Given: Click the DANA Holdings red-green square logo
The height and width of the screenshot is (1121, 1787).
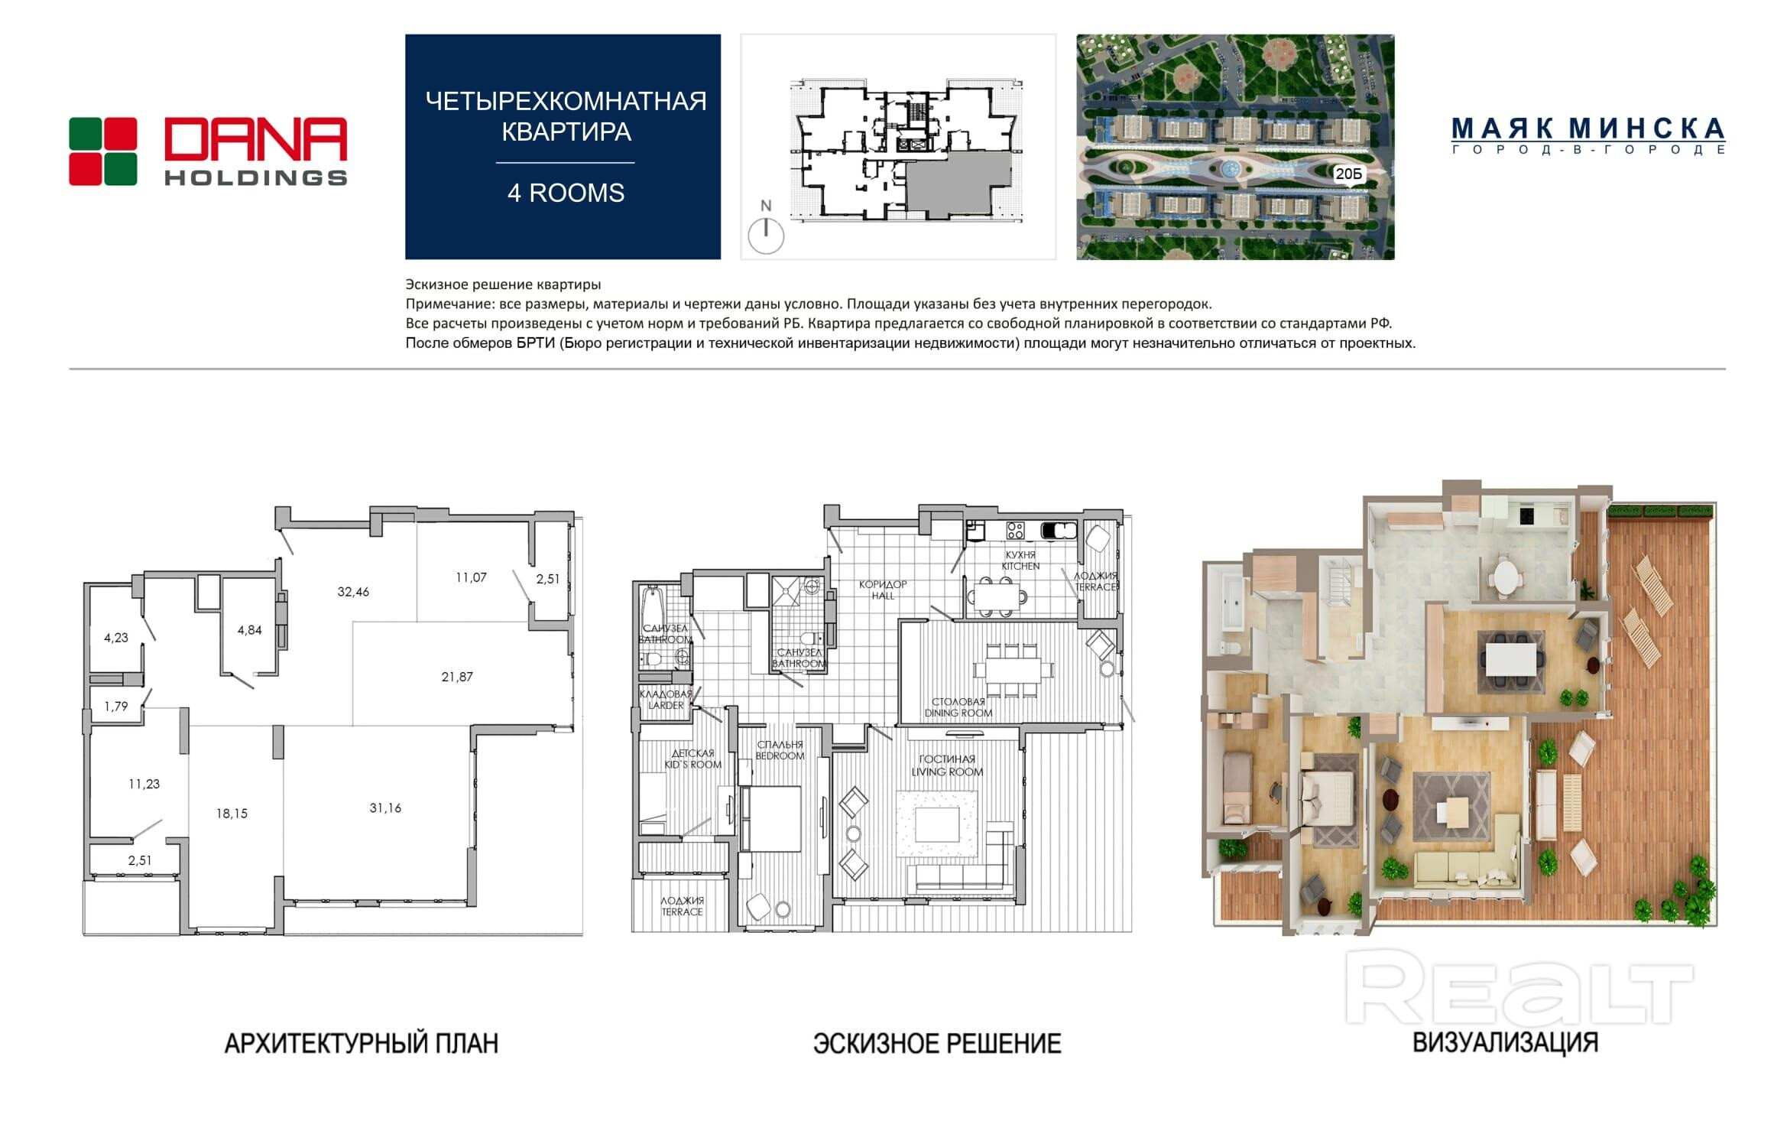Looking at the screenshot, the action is tap(103, 151).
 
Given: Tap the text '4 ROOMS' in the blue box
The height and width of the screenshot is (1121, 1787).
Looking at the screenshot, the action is tap(566, 193).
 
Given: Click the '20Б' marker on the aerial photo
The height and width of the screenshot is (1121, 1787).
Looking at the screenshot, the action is tap(1348, 174).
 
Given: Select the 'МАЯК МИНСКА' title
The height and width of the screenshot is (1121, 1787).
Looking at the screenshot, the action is tap(1588, 128).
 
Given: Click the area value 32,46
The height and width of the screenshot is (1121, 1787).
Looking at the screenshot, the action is tap(353, 591).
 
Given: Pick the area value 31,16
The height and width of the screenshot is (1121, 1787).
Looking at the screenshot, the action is tap(385, 807).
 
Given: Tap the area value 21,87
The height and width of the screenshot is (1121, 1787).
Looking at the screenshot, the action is tap(457, 677).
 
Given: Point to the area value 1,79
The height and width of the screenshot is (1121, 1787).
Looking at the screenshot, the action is tap(116, 707).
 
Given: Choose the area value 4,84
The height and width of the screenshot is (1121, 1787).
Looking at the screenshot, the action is tap(249, 630).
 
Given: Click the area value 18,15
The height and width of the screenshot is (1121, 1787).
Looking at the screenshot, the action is tap(232, 814).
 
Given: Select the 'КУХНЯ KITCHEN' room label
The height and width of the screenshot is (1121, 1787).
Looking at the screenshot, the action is tap(1020, 560).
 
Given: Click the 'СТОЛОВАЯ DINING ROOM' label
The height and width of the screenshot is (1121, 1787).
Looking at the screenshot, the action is tap(958, 707).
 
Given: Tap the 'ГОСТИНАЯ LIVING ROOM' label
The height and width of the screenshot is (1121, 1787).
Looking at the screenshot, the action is tap(947, 765).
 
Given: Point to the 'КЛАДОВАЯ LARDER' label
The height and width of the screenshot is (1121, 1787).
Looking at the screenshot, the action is tap(666, 700).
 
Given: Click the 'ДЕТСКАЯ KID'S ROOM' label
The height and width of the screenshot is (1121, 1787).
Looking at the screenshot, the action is tap(692, 759).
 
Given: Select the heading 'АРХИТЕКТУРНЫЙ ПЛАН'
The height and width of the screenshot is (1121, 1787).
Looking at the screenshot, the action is tap(362, 1043).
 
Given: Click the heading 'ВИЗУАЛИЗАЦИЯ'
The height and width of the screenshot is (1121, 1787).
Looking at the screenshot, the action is tap(1505, 1042).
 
